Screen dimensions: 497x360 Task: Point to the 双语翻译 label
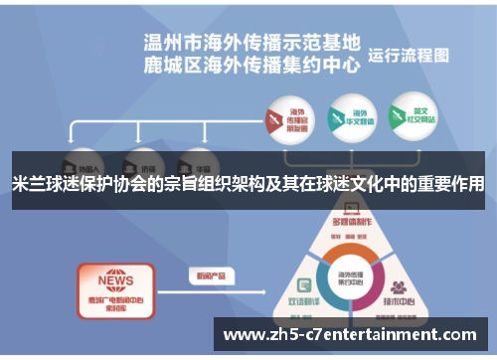[303, 299]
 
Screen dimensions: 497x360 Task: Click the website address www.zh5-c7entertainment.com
[353, 335]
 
